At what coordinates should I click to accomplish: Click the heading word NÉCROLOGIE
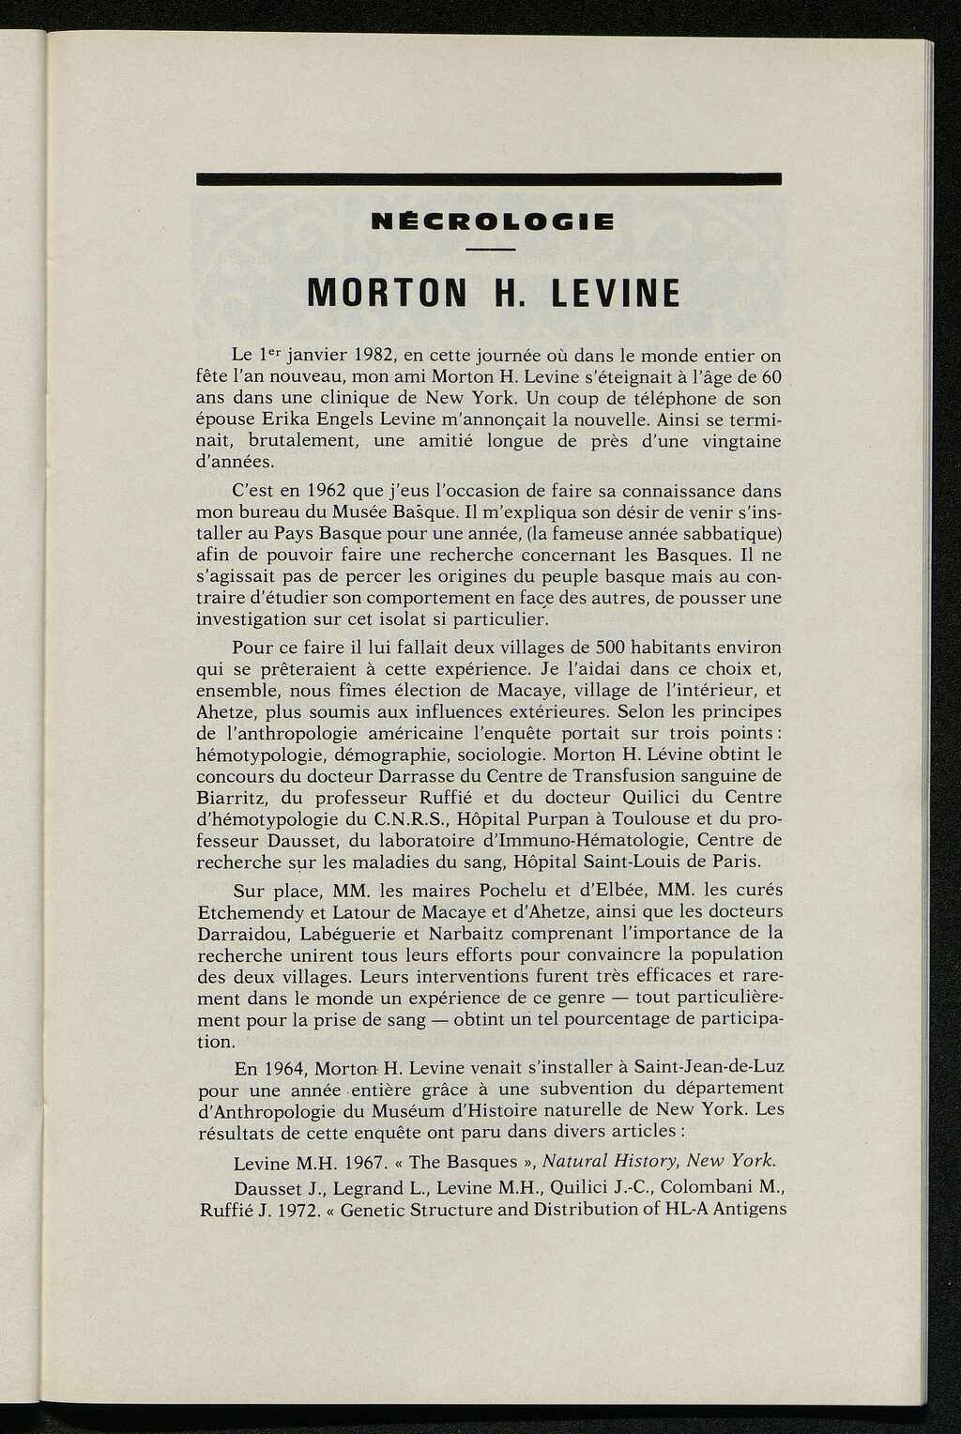pyautogui.click(x=493, y=222)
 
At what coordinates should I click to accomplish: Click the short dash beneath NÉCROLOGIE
pyautogui.click(x=490, y=249)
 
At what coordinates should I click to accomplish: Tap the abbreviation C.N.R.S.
pyautogui.click(x=397, y=818)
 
